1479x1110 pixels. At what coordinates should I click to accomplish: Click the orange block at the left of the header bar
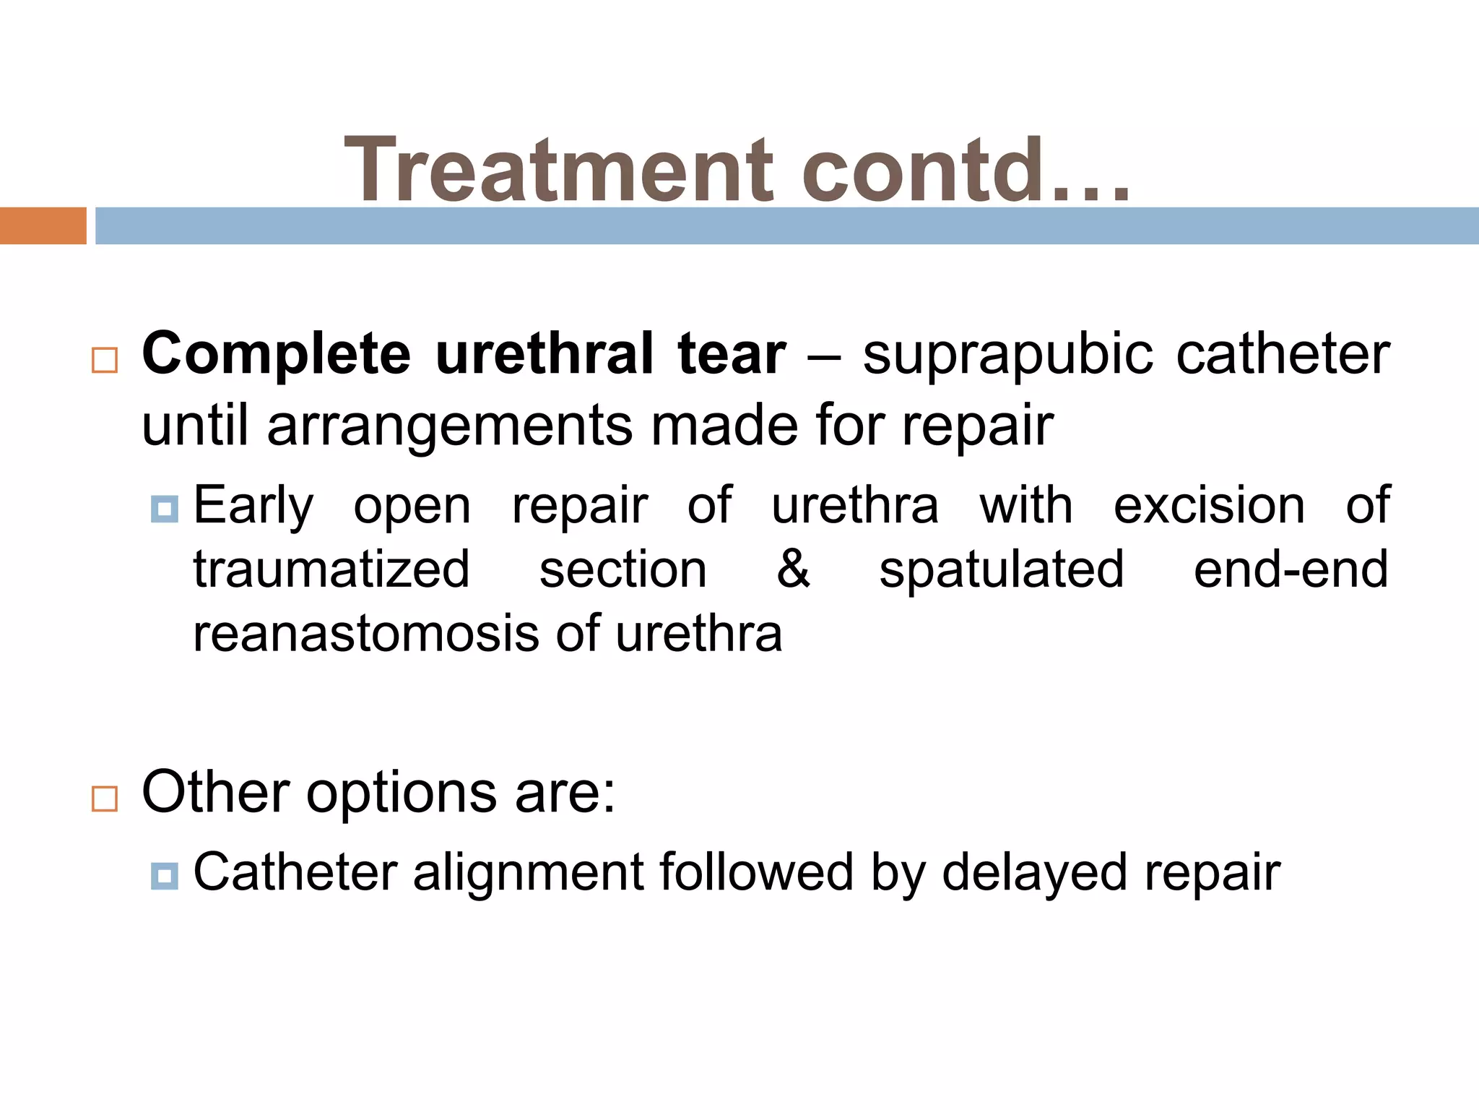click(x=43, y=225)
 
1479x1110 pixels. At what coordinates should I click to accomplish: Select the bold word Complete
click(x=276, y=354)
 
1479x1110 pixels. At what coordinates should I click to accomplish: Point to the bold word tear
click(x=731, y=354)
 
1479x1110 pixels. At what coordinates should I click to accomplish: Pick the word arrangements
click(x=457, y=426)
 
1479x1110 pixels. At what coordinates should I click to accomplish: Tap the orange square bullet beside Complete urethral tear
click(x=105, y=359)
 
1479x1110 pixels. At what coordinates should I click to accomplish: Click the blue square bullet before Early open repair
click(x=165, y=509)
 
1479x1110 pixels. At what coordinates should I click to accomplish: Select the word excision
click(x=1209, y=505)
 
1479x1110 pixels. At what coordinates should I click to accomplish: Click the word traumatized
click(x=331, y=569)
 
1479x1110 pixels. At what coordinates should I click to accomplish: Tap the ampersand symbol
click(x=793, y=569)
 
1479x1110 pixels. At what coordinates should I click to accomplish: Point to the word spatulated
click(x=1001, y=570)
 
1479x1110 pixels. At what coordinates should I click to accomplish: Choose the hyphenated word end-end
click(x=1291, y=569)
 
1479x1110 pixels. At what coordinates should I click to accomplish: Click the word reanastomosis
click(x=367, y=634)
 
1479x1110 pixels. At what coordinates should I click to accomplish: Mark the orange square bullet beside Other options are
click(x=105, y=799)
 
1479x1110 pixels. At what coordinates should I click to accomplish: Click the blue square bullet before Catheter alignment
click(x=165, y=876)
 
